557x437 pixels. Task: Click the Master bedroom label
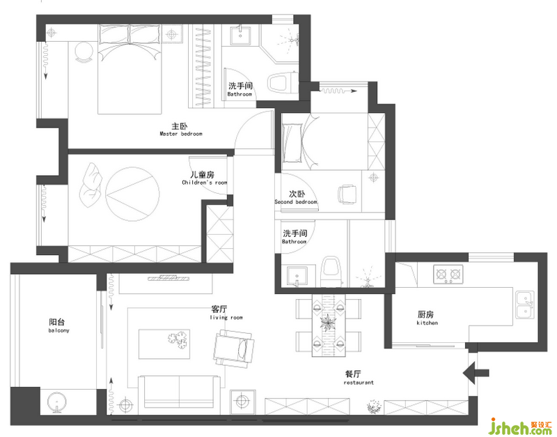click(181, 130)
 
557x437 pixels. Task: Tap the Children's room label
click(204, 178)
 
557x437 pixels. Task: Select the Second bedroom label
click(296, 197)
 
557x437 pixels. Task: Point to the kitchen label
click(427, 319)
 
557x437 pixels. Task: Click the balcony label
click(58, 326)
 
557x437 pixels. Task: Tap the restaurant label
click(359, 378)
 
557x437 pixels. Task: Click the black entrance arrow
click(476, 373)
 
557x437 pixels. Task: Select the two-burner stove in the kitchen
click(448, 274)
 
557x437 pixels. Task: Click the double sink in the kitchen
click(525, 305)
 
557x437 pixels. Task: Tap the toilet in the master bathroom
click(283, 83)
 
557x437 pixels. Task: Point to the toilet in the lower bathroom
click(331, 272)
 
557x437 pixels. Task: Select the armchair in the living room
click(233, 348)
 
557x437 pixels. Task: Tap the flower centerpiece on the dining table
click(327, 323)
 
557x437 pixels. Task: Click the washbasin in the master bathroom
click(240, 36)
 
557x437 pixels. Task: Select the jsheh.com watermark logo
click(521, 427)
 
